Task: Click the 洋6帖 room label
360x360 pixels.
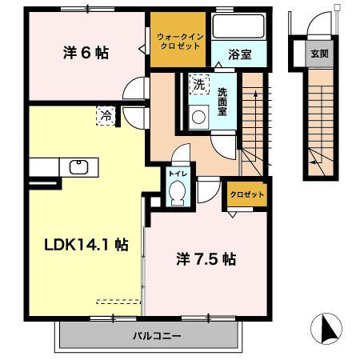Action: coord(86,54)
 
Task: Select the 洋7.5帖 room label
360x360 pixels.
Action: coord(205,259)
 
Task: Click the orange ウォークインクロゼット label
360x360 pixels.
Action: coord(179,39)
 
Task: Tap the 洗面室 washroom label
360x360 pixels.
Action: coord(222,102)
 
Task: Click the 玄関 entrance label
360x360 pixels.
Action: coord(319,54)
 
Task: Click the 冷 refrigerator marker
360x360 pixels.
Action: coord(106,115)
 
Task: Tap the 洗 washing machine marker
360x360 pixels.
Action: coord(198,84)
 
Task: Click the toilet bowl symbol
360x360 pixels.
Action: coord(177,191)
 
